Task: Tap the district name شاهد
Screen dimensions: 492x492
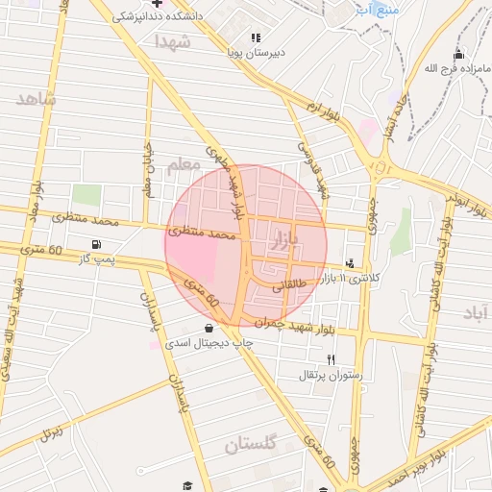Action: click(37, 99)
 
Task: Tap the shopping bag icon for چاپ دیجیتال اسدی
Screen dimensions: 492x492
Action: click(209, 328)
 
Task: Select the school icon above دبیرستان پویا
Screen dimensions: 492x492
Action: click(255, 37)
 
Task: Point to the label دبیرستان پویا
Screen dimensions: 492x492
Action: click(253, 54)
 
